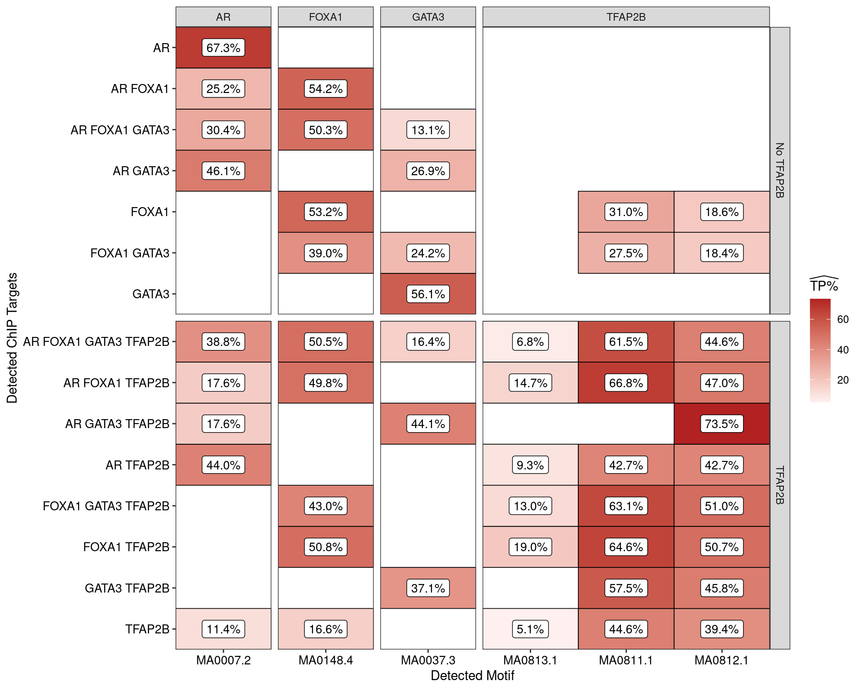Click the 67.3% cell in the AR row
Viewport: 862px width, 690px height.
pos(223,48)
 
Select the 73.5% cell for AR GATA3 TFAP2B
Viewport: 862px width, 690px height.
pos(721,424)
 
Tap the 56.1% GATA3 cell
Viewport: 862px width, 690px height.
pos(428,294)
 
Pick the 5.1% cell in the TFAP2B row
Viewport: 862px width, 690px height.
pos(530,629)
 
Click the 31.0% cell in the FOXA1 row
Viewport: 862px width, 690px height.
pos(626,212)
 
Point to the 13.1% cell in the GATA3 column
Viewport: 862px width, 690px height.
pos(428,130)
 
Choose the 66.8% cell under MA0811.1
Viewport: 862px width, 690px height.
pos(626,383)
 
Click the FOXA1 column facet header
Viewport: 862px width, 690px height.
pos(325,17)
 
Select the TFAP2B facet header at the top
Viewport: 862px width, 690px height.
pos(626,17)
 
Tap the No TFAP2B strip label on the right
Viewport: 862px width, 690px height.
pos(780,170)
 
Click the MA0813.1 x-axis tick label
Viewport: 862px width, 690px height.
pos(530,660)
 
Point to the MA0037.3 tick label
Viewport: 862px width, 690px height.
pos(428,660)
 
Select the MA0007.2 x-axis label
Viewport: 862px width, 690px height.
pos(223,660)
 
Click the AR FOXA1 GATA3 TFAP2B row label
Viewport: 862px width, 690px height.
pos(96,342)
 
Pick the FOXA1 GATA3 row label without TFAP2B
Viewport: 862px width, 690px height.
pos(130,253)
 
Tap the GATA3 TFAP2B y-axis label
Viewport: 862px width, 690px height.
pos(127,588)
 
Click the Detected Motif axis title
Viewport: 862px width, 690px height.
pos(472,676)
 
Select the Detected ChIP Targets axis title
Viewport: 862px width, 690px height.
pos(12,338)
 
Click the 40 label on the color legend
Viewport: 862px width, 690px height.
pos(843,349)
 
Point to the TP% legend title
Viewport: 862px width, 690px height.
pos(824,286)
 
